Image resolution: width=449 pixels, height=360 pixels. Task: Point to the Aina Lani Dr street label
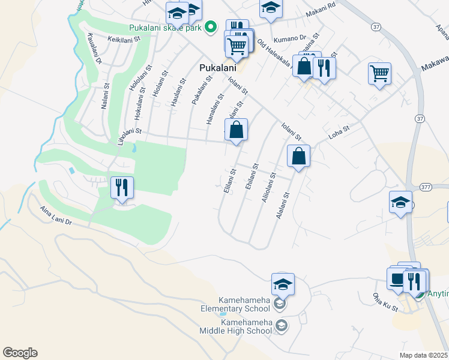(56, 216)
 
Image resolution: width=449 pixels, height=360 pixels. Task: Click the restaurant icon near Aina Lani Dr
(122, 187)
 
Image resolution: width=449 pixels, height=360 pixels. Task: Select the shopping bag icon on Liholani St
(237, 130)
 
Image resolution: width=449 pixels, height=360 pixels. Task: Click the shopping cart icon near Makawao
(379, 74)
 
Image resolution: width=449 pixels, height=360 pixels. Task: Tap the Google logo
(20, 353)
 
